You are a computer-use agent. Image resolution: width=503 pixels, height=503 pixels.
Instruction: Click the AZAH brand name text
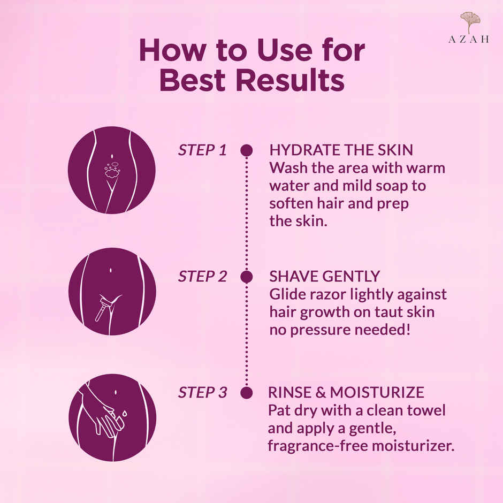click(x=469, y=40)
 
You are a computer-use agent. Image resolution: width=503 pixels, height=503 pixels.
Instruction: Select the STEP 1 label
click(x=202, y=150)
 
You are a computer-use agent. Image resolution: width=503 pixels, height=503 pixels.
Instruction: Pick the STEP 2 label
click(x=202, y=277)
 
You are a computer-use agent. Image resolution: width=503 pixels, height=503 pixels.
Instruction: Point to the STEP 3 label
click(x=202, y=393)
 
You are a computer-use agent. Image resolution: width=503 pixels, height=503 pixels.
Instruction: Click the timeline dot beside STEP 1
click(x=246, y=150)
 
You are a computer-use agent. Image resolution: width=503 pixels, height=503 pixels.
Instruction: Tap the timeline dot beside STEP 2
click(x=246, y=277)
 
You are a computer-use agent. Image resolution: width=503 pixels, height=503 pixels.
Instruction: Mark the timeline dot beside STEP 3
click(x=246, y=393)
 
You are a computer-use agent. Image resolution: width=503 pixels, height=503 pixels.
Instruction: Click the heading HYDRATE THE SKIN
click(x=341, y=150)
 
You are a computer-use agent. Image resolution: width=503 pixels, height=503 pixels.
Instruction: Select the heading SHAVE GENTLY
click(x=324, y=277)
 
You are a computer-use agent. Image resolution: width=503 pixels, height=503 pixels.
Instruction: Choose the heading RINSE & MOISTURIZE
click(x=346, y=393)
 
